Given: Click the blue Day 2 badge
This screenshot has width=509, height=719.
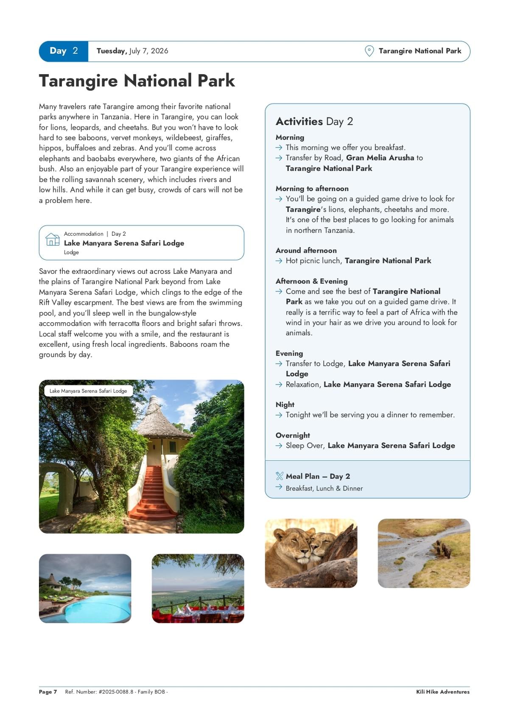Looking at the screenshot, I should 64,51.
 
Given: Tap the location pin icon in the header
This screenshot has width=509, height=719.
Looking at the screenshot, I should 369,51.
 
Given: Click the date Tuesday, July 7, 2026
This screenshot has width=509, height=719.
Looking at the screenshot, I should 132,51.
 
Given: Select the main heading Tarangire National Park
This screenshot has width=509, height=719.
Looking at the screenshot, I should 137,81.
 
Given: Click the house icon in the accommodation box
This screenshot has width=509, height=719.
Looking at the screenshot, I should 52,240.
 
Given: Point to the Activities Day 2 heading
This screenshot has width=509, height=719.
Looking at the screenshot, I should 314,122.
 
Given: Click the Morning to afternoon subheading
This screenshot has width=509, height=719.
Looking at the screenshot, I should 312,189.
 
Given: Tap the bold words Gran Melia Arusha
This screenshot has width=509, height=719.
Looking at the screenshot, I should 380,158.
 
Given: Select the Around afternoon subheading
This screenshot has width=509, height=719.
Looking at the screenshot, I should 306,251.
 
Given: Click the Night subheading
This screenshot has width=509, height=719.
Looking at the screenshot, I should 285,405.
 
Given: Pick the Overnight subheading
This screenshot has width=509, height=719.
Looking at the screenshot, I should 293,435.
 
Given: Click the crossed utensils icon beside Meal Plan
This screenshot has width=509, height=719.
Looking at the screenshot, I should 279,476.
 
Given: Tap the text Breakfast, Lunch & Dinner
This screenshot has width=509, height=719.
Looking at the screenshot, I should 324,488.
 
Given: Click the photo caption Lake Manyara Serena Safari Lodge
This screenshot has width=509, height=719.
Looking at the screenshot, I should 88,391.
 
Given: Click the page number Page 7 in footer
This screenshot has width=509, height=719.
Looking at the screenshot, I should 48,692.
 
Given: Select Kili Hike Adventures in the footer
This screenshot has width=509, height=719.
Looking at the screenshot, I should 442,692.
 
